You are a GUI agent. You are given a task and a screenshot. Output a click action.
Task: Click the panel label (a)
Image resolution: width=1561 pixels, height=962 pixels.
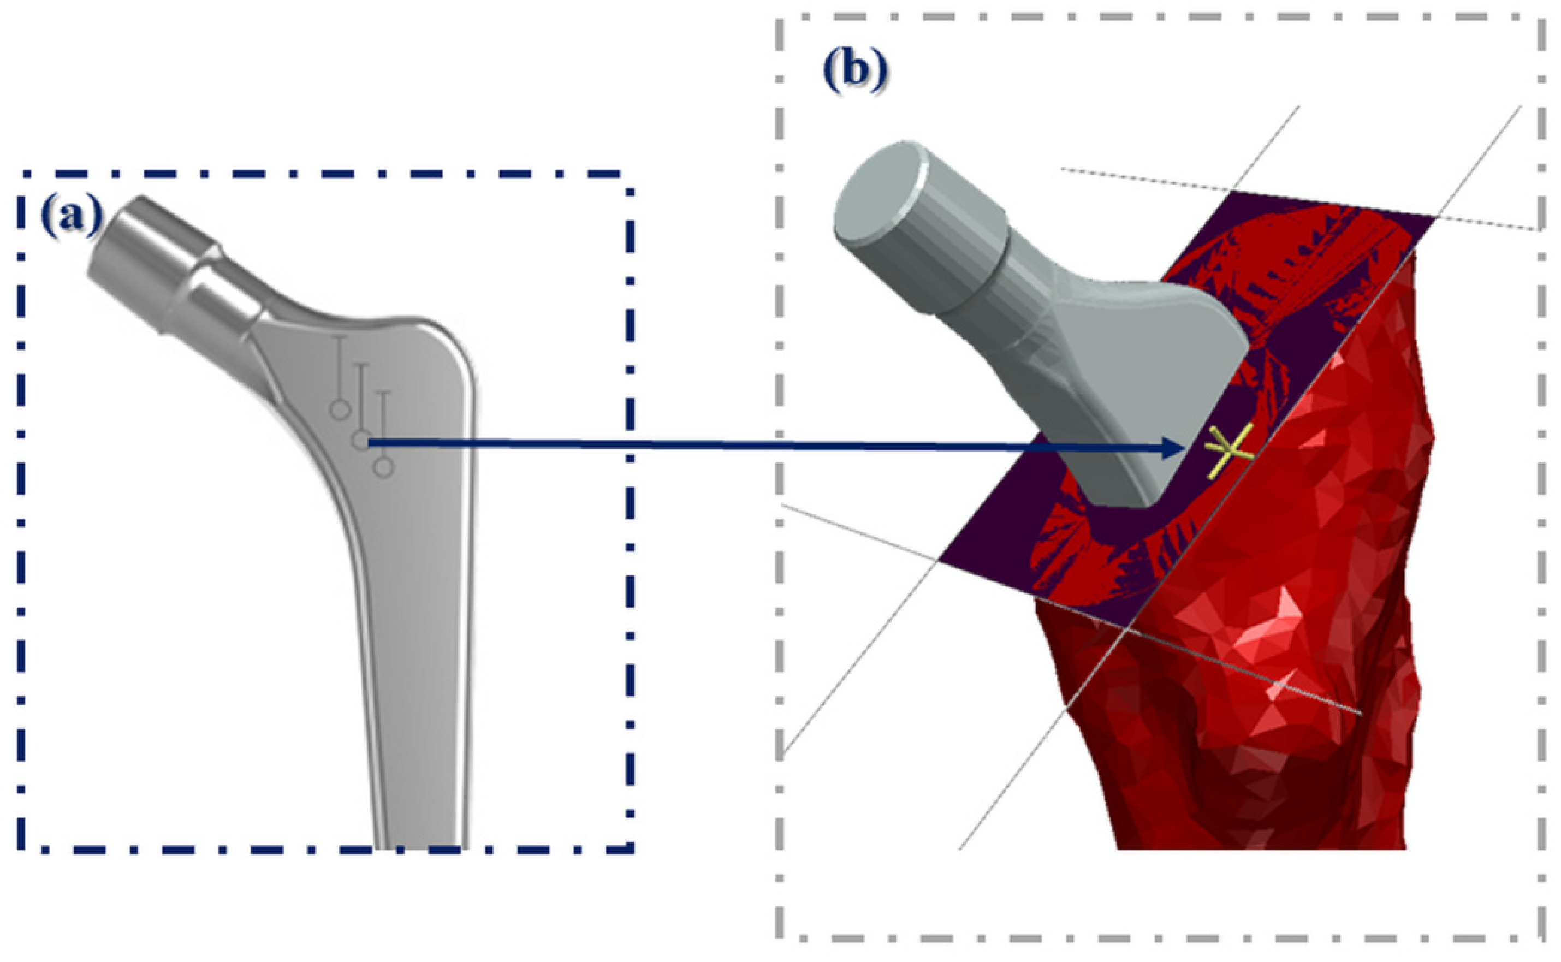[x=71, y=216]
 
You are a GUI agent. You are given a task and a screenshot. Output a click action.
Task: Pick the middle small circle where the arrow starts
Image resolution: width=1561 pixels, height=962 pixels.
[x=361, y=440]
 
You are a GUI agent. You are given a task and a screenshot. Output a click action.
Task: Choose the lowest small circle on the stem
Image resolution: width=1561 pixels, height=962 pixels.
[x=384, y=468]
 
